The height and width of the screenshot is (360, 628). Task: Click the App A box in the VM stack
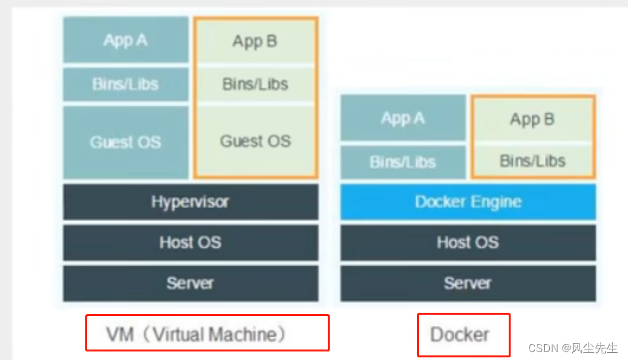click(x=125, y=41)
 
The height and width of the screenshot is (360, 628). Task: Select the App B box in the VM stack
click(x=255, y=41)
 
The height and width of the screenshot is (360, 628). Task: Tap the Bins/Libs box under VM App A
click(x=125, y=85)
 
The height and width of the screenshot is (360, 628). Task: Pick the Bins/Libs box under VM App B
click(x=255, y=84)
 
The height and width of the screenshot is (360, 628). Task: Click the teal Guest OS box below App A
click(x=125, y=142)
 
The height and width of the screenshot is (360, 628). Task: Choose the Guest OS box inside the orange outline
click(x=255, y=141)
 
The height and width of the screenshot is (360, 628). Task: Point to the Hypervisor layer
click(x=190, y=201)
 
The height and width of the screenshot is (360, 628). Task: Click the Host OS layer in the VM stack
click(x=190, y=243)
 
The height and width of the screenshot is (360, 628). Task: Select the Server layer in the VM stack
click(x=190, y=283)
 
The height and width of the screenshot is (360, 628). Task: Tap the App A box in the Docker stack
click(x=402, y=118)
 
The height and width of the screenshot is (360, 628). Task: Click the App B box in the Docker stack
click(x=532, y=119)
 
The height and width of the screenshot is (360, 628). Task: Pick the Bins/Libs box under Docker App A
click(x=402, y=162)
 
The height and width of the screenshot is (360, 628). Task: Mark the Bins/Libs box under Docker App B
click(x=532, y=161)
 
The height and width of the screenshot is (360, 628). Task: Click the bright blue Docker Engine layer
click(x=467, y=201)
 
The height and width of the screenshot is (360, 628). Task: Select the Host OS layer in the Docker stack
click(x=467, y=243)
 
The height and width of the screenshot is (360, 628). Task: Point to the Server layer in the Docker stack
click(x=467, y=283)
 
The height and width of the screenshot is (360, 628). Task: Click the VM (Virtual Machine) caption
click(x=197, y=334)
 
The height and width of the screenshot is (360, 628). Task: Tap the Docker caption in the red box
click(x=460, y=334)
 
